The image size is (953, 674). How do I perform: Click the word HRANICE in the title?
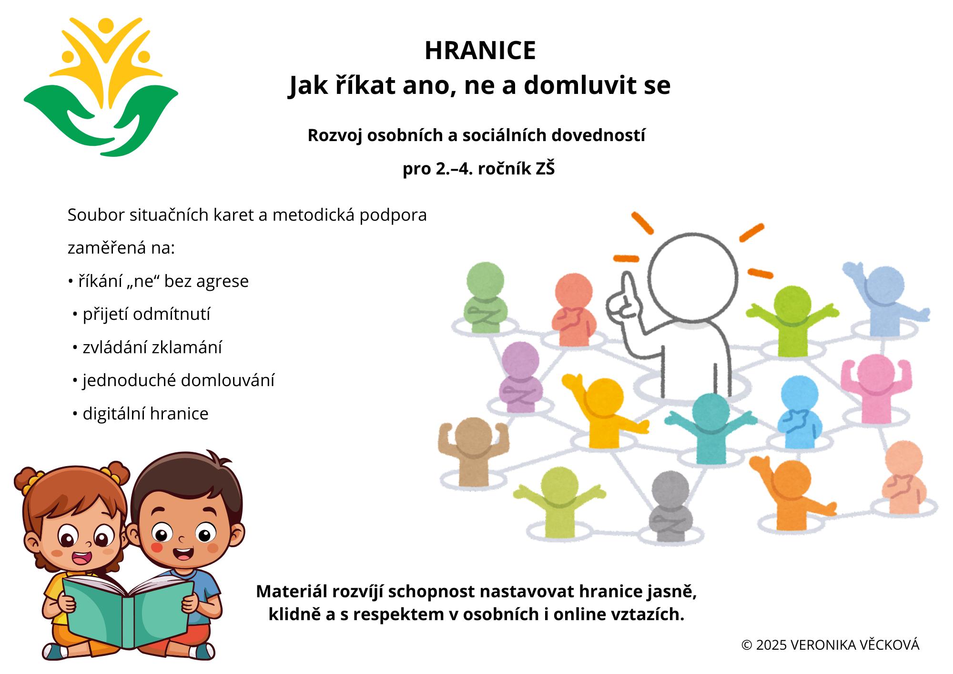tap(480, 51)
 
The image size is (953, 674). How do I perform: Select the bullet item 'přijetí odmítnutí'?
tap(142, 314)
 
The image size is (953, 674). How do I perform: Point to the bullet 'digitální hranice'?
tap(141, 414)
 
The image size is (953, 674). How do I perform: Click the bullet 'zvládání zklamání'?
tap(147, 347)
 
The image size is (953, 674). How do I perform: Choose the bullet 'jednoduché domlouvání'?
tap(173, 380)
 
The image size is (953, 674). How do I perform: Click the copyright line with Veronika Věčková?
tap(830, 645)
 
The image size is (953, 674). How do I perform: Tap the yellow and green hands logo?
tap(101, 87)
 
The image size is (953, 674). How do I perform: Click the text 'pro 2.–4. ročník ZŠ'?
tap(479, 169)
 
